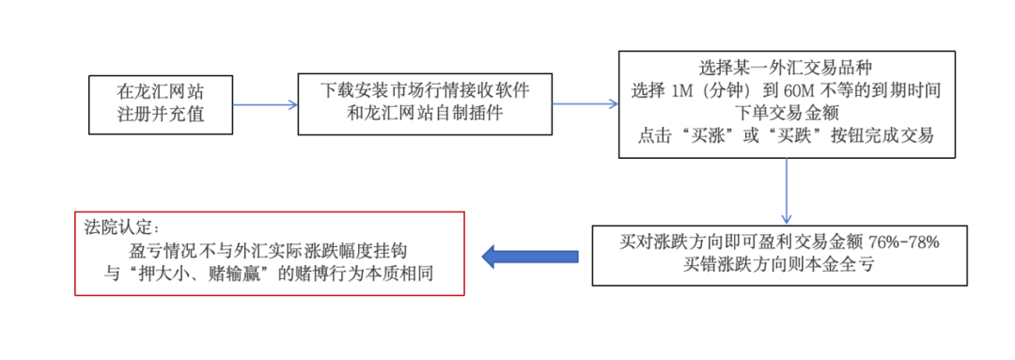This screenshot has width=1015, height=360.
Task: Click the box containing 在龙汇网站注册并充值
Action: pos(160,103)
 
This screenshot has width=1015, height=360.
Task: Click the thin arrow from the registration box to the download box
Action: pos(265,103)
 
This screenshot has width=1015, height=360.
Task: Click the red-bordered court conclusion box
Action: pos(270,254)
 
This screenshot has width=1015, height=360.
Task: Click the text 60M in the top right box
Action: pos(791,90)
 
